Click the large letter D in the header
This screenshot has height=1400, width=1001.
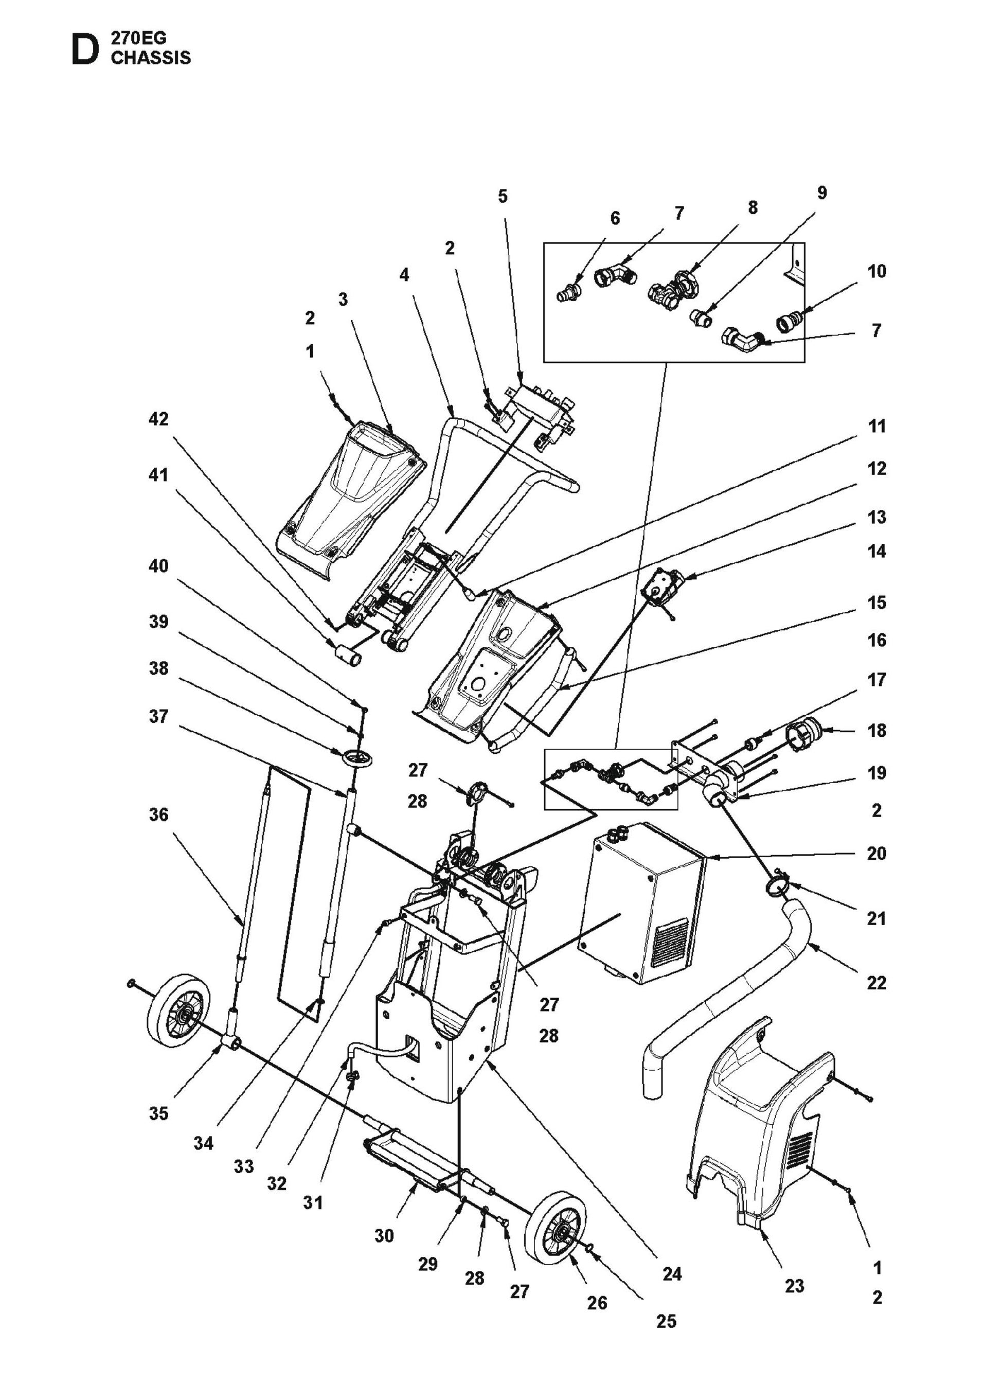(84, 50)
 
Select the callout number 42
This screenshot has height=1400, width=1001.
(158, 419)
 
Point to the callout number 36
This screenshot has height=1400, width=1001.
(158, 814)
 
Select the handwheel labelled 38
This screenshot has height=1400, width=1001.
(355, 757)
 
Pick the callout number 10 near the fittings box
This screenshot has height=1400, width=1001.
(877, 271)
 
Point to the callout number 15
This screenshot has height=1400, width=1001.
(877, 602)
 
